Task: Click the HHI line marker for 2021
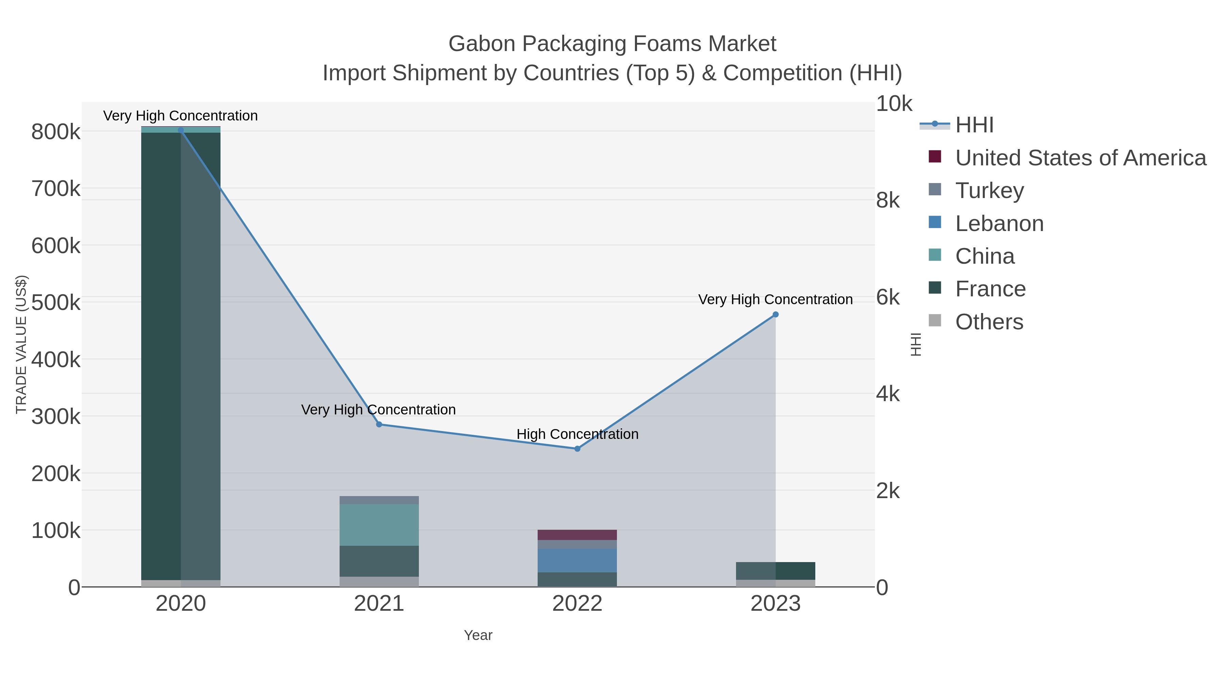click(x=379, y=424)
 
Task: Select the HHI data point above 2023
click(x=775, y=314)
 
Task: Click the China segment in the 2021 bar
click(x=379, y=525)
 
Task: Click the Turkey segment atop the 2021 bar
click(x=379, y=500)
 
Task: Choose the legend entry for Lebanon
click(x=999, y=224)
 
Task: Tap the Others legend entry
click(x=989, y=322)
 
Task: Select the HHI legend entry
click(x=974, y=125)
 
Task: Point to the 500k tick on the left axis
click(x=56, y=302)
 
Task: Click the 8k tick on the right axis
click(x=888, y=201)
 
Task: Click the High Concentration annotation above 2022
click(x=577, y=434)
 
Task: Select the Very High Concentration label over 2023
click(x=775, y=299)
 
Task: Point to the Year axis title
click(x=478, y=635)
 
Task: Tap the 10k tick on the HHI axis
click(x=894, y=104)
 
